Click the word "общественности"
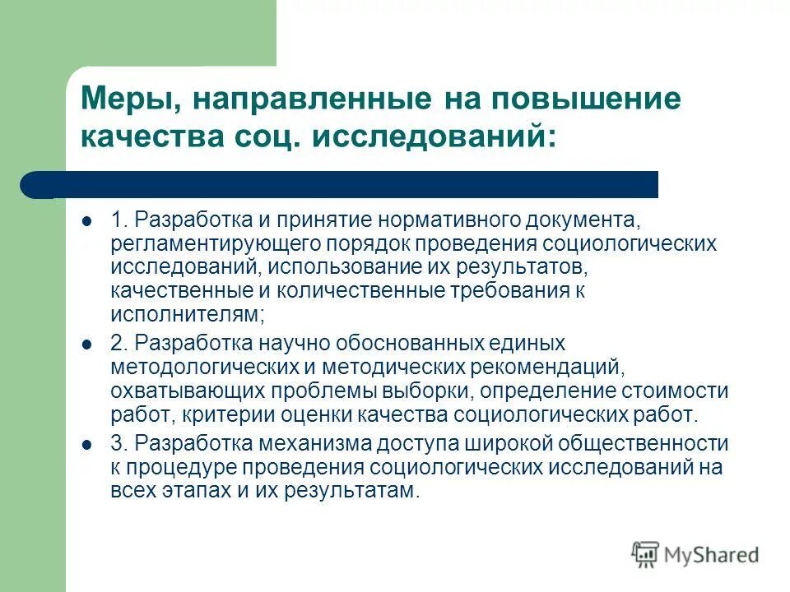[x=646, y=444]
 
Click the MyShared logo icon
[x=646, y=554]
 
